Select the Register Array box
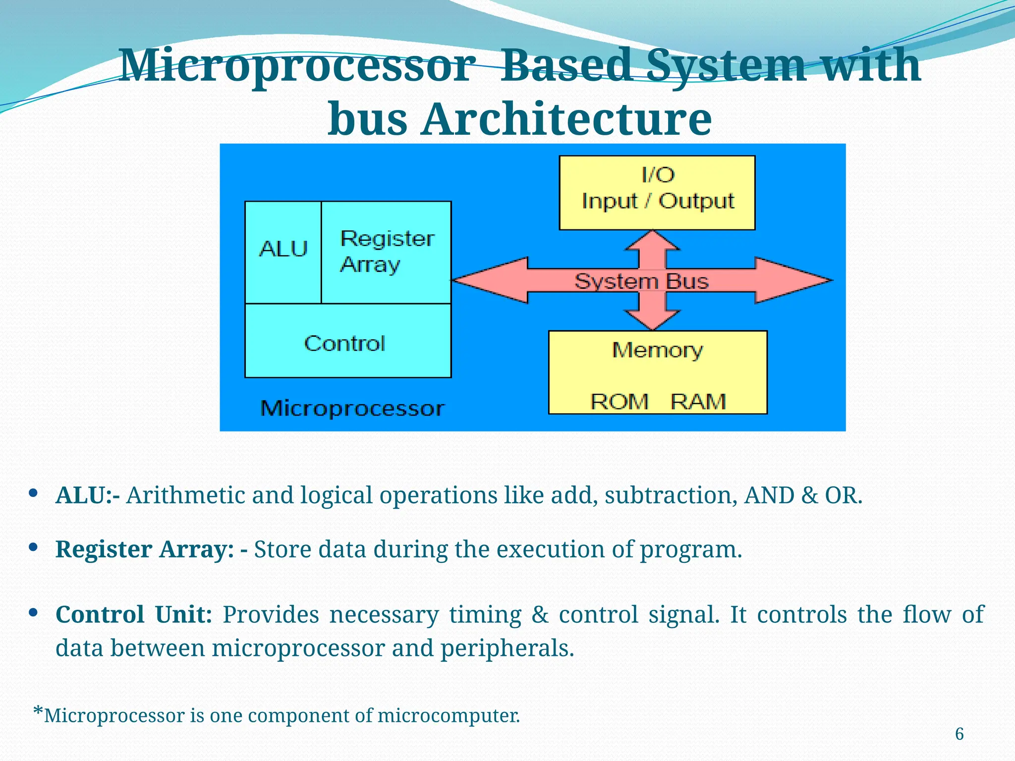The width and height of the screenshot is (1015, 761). [386, 252]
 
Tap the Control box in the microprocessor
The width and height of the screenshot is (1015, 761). [347, 342]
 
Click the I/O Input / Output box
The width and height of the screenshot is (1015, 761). [657, 192]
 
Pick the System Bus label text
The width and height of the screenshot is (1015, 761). [641, 281]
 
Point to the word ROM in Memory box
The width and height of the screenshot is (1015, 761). [619, 401]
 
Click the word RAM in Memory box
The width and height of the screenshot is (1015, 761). [698, 401]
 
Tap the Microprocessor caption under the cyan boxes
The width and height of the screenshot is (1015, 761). [352, 408]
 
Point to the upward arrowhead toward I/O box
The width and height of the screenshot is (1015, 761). [653, 240]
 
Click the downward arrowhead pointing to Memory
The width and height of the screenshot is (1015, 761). [653, 320]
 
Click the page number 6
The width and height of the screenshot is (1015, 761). [959, 734]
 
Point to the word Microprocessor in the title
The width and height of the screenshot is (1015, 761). [294, 65]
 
